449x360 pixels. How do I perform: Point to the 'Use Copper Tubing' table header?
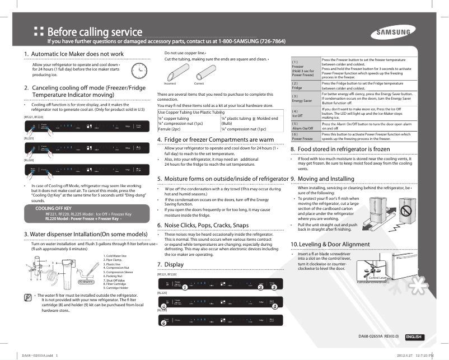pyautogui.click(x=175, y=112)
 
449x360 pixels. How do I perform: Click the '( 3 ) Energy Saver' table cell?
pyautogui.click(x=303, y=99)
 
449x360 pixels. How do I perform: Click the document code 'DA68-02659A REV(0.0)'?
pyautogui.click(x=378, y=337)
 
